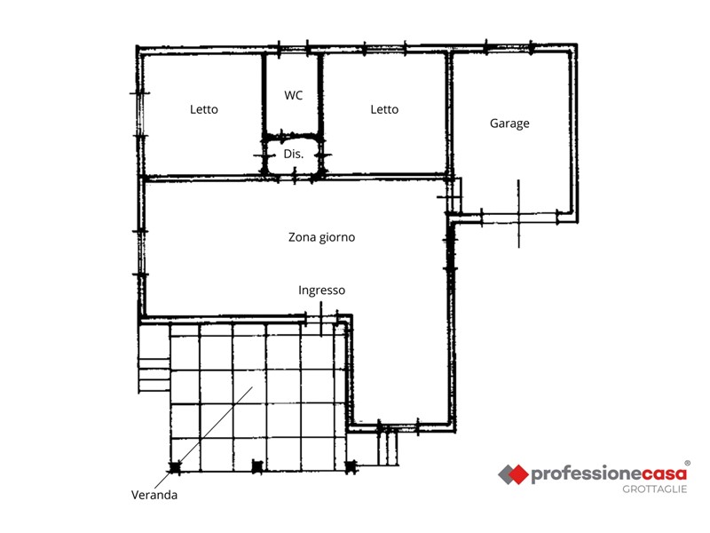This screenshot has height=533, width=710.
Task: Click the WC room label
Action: (x=294, y=95)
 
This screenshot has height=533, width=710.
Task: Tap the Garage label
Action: (x=509, y=123)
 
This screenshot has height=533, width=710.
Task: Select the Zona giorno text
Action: (x=321, y=237)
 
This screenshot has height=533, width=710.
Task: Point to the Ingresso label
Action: (x=321, y=290)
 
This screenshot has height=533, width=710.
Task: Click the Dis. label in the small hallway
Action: (x=294, y=154)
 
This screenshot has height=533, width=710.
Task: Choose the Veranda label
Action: (x=154, y=495)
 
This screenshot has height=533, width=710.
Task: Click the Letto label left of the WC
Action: (x=204, y=109)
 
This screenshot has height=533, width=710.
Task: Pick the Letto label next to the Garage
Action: (x=384, y=109)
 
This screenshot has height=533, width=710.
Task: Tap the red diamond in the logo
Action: (x=518, y=474)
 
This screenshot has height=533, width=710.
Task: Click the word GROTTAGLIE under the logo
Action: (x=654, y=489)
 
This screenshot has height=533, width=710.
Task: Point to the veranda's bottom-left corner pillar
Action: (x=174, y=467)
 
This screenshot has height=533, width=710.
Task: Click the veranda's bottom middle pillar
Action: (x=257, y=465)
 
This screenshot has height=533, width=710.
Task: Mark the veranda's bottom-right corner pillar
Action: (x=351, y=466)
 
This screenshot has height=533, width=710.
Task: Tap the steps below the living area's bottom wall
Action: (x=388, y=449)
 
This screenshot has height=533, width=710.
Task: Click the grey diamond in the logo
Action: (x=506, y=474)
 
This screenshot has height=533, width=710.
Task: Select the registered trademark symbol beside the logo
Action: (x=687, y=463)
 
